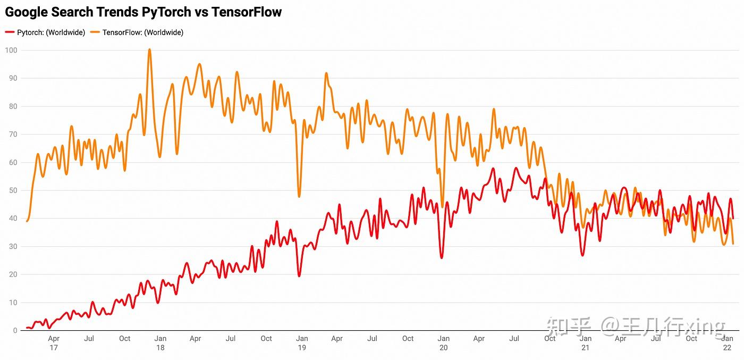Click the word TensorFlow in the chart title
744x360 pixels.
(247, 12)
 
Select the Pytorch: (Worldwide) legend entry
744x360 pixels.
(45, 32)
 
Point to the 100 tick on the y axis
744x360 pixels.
(11, 51)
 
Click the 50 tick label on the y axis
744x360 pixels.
(13, 190)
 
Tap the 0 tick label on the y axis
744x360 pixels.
(15, 331)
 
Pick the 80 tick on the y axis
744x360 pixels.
(13, 106)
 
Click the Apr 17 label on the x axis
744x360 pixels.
(54, 343)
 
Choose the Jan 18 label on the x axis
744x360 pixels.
(160, 343)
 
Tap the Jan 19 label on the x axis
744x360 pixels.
(302, 343)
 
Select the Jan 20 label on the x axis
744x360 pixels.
(444, 343)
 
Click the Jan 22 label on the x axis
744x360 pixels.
(728, 343)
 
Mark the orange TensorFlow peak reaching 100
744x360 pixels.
(149, 49)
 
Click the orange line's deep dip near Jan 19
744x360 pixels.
(299, 197)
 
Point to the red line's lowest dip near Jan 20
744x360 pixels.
(442, 258)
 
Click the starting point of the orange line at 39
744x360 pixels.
(27, 221)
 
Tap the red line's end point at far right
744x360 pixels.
(733, 219)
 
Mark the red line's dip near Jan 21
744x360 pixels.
(583, 255)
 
